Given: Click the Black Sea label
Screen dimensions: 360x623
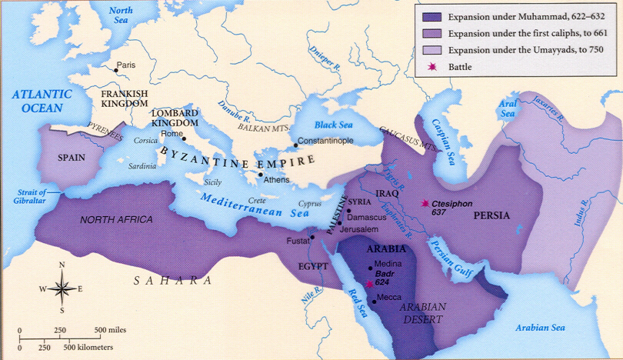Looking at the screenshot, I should (x=335, y=123).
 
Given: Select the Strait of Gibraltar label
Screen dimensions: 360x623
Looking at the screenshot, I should (x=27, y=197).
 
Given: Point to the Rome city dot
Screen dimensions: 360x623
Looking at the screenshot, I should (x=183, y=138).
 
